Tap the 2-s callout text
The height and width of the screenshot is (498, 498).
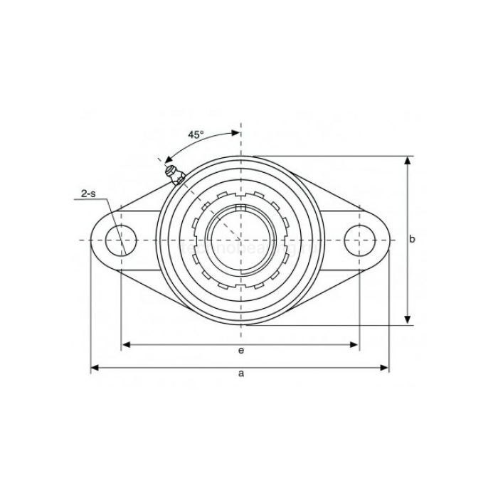click(x=89, y=193)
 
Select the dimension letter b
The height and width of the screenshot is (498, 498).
click(x=412, y=240)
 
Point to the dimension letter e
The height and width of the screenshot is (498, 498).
click(x=241, y=351)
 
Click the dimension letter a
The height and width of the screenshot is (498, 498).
click(x=241, y=373)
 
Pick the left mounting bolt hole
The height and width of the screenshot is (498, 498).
click(x=122, y=240)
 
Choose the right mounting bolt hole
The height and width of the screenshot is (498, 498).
click(x=359, y=240)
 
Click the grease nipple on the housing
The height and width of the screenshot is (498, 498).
click(x=172, y=173)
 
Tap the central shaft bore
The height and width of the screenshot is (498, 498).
click(x=241, y=240)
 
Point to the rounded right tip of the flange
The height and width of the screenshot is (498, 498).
click(x=389, y=240)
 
